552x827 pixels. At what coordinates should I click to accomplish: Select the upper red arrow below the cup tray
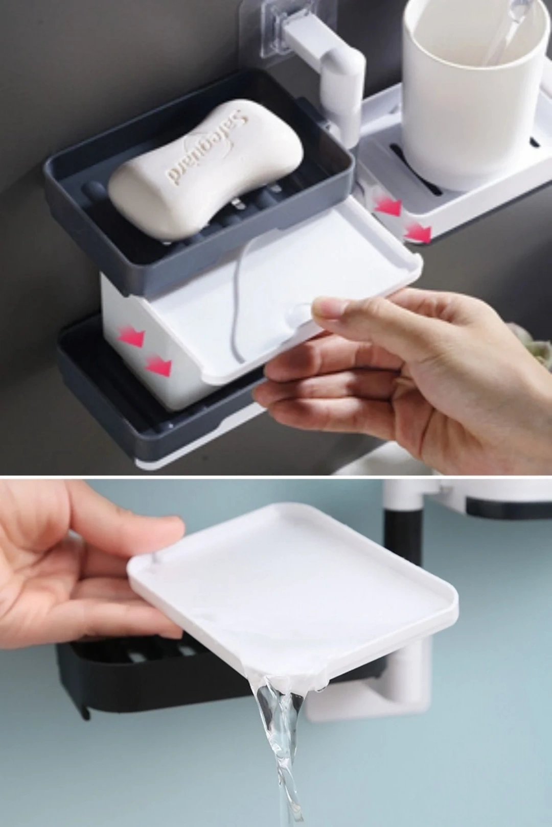388,207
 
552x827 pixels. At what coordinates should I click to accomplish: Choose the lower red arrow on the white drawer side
159,366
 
